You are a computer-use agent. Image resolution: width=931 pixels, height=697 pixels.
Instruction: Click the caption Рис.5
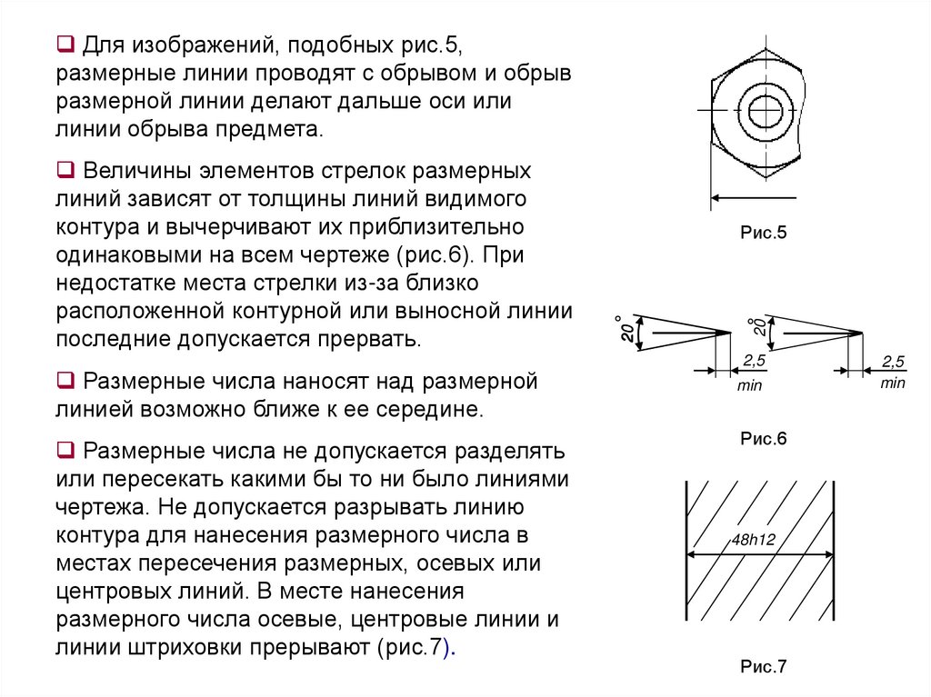pos(762,234)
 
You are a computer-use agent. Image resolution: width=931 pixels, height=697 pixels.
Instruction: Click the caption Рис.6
pos(762,439)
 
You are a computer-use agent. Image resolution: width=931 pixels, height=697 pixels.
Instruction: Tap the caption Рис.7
pos(762,667)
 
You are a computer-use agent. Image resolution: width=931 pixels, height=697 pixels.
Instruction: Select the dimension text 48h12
pos(753,540)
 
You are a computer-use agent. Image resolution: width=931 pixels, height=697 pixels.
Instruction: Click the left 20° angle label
pos(625,330)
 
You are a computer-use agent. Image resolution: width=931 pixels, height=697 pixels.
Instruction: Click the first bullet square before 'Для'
pos(65,43)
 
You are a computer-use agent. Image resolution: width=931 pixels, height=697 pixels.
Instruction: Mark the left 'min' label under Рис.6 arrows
pos(750,386)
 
